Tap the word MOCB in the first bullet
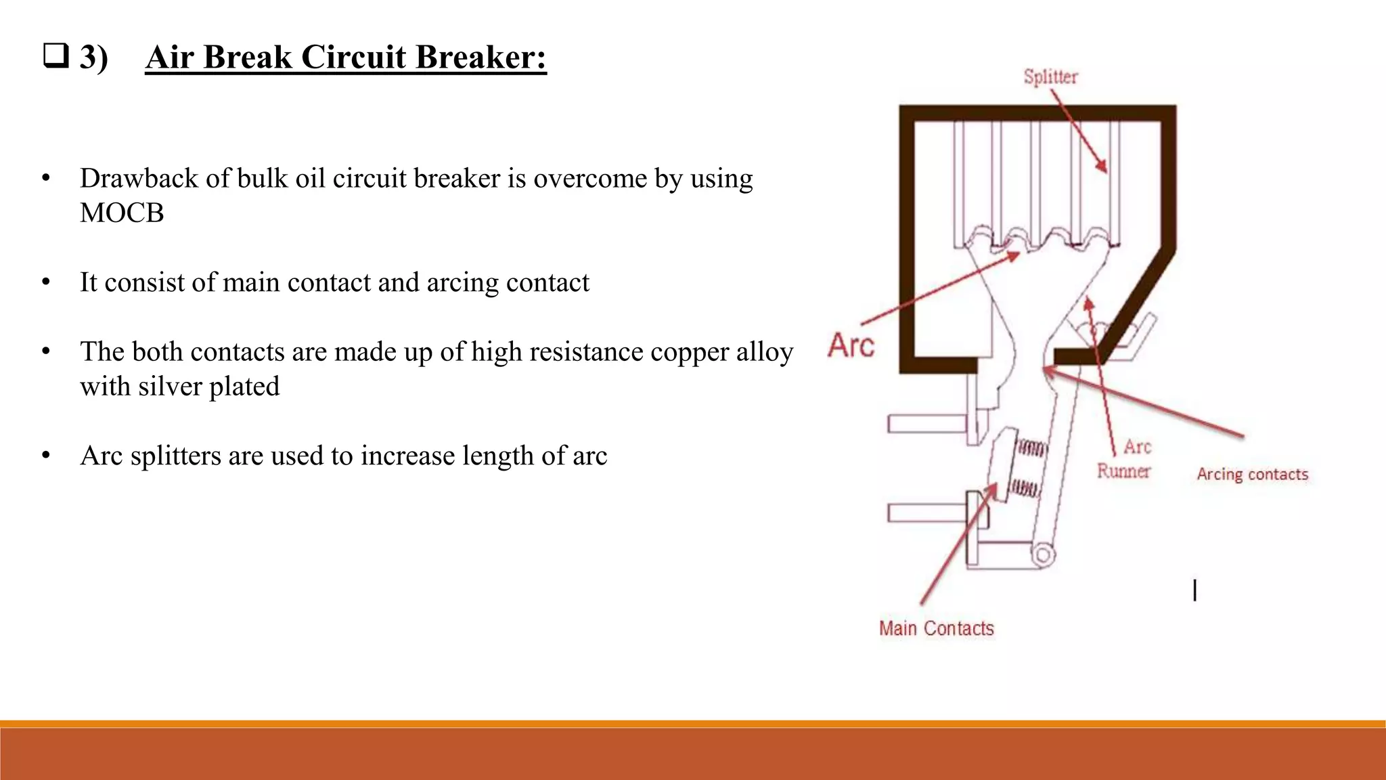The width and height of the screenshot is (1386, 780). coord(122,213)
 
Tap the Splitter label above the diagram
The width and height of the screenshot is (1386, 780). coord(1050,77)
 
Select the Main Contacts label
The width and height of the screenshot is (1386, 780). coord(936,628)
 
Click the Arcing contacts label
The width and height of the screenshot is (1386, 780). coord(1252,474)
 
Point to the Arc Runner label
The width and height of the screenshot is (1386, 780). coord(1125,459)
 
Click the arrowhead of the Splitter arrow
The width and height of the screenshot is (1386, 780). coord(1102,167)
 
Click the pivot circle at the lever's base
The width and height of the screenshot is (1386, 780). coord(1043,555)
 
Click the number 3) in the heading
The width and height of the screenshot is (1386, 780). coord(93,57)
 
